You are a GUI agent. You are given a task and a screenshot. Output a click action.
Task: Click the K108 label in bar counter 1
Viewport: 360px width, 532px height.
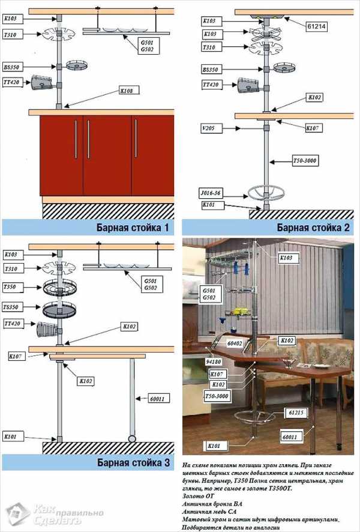point(127,91)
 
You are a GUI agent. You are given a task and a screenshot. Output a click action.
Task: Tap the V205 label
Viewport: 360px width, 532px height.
point(209,128)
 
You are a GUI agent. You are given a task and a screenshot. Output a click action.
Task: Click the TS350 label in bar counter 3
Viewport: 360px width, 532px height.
point(10,306)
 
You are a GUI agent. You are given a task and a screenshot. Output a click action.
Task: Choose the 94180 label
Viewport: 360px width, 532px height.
point(214,363)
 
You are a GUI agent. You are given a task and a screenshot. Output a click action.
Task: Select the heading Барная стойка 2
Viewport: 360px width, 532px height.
point(313,228)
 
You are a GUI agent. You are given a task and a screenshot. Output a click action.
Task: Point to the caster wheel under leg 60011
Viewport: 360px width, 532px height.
point(131,436)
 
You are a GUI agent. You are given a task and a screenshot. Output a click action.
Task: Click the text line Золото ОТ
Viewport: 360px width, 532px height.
point(196,497)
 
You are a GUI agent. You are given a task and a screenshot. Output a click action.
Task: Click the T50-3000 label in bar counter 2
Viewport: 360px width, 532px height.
point(305,161)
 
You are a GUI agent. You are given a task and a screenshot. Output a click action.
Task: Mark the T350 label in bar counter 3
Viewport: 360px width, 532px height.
point(9,288)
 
